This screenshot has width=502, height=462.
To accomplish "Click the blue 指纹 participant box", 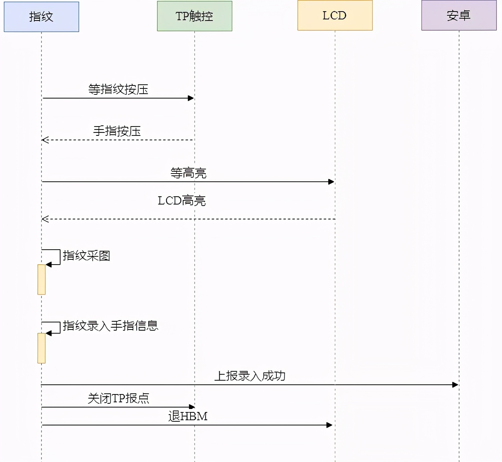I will click(x=41, y=17).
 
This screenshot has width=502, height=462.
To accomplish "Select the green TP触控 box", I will click(x=195, y=16).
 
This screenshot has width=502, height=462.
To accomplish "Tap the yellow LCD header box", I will click(x=335, y=15).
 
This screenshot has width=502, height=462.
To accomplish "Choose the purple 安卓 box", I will click(x=459, y=15).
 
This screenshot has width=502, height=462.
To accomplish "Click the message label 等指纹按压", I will click(x=118, y=90).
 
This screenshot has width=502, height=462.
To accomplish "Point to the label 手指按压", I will click(x=117, y=131).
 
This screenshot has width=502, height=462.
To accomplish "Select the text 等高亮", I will click(x=188, y=173).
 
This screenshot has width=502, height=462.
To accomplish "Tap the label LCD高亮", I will click(x=182, y=201).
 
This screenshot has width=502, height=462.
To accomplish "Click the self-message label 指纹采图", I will click(x=86, y=256).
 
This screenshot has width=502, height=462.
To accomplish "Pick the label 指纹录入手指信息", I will click(x=111, y=326).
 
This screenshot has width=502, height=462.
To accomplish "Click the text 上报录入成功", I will click(x=250, y=376).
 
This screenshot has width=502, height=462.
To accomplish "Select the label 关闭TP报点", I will click(x=118, y=398).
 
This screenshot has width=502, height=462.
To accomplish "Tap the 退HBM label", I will click(x=188, y=416).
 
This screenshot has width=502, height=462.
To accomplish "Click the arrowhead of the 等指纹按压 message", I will click(x=191, y=98).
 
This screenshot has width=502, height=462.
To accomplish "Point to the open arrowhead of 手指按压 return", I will click(x=45, y=140).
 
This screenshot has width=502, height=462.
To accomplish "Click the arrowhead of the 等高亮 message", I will click(x=331, y=182).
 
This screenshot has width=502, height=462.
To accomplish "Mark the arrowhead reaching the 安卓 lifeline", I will click(x=455, y=385).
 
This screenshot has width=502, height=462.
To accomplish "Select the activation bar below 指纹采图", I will click(x=41, y=280).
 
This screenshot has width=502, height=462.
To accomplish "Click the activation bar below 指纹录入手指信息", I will click(x=41, y=348).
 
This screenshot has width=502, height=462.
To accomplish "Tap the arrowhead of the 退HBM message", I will click(x=329, y=425).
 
